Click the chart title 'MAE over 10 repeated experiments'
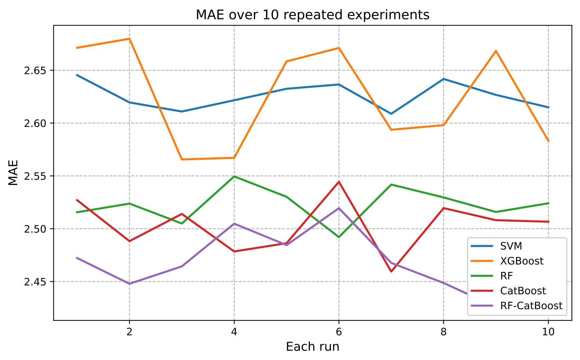coord(312,15)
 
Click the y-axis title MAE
coord(13,173)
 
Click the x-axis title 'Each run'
coord(312,347)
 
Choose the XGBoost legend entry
coord(522,261)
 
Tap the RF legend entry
coord(506,276)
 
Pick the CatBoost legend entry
coord(523,290)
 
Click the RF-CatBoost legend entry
coord(531,305)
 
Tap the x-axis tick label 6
coord(339,332)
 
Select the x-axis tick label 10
coord(548,332)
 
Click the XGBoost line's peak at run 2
coord(129,39)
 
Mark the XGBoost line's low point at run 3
coord(182,159)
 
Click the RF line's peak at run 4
coord(234,176)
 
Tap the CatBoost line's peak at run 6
coord(339,182)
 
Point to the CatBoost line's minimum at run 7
coord(391,271)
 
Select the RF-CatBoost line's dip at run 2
coord(129,284)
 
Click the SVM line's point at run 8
coord(443,79)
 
